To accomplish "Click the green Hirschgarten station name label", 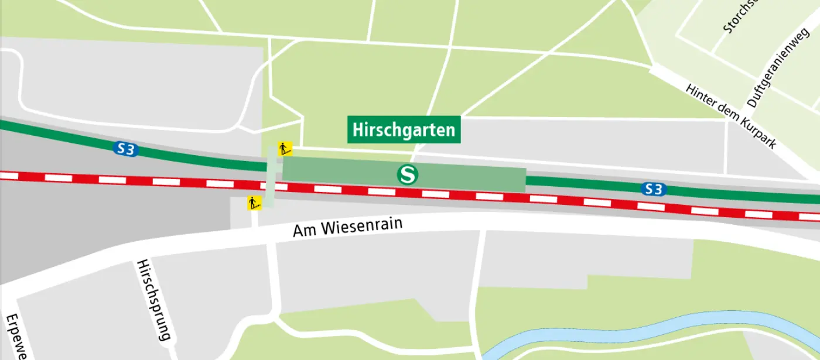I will pos(404,129).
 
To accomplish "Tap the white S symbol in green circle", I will pos(407,174).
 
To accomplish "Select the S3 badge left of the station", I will pos(125,149).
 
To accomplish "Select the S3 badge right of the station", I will pos(654,189).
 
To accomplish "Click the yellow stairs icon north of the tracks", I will pos(285,149).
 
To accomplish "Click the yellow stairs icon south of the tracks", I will pos(254,203).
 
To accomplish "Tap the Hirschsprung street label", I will pos(152,301).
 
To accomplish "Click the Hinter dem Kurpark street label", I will pos(731,116).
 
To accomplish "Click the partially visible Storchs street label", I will pos(741,16).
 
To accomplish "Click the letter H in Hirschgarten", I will pos(358,129).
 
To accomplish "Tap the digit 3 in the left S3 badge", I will pos(130,150).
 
